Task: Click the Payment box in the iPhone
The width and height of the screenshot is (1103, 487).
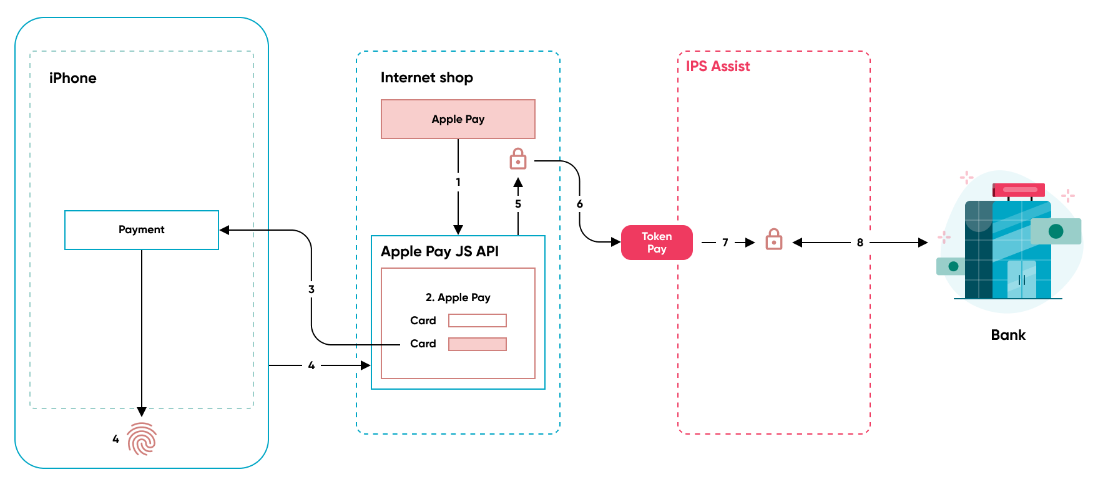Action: click(x=142, y=230)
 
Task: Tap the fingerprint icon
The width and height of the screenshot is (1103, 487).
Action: click(x=142, y=439)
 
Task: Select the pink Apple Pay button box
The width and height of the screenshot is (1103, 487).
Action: click(x=458, y=119)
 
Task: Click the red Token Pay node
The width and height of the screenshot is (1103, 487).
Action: click(x=657, y=243)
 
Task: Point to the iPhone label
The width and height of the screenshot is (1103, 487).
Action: click(x=73, y=78)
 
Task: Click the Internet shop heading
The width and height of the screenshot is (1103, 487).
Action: click(x=427, y=77)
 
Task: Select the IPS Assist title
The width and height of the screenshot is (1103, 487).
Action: click(x=718, y=66)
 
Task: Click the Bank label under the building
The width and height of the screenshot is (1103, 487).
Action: click(x=1008, y=335)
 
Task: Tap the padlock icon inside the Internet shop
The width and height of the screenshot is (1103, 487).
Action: click(x=518, y=159)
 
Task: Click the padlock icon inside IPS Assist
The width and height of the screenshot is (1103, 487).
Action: click(x=774, y=239)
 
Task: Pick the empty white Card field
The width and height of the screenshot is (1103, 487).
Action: click(x=478, y=321)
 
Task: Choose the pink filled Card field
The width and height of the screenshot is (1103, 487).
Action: click(x=478, y=344)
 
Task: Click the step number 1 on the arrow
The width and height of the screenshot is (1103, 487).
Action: click(x=458, y=182)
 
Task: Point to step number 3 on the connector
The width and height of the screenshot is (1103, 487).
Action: click(x=311, y=289)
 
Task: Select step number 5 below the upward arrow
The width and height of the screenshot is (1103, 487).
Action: click(x=518, y=204)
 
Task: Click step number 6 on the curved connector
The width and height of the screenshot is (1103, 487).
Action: click(x=580, y=204)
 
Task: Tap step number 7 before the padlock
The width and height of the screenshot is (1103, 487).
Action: click(x=725, y=243)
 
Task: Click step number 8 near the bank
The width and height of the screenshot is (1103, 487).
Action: click(x=860, y=243)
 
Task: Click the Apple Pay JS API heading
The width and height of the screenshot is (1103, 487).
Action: click(x=440, y=251)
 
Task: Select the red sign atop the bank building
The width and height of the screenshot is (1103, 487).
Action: click(x=1019, y=190)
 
